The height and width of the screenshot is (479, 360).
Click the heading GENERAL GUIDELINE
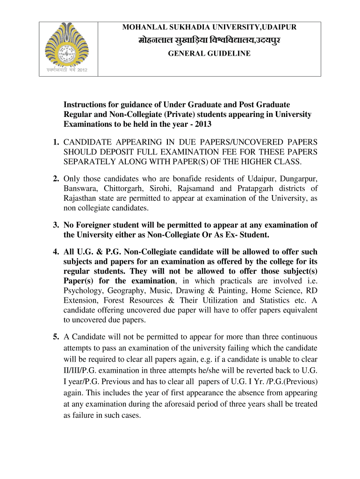(x=209, y=54)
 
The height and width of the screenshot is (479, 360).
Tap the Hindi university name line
(x=209, y=41)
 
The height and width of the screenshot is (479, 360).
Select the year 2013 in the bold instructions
(x=204, y=124)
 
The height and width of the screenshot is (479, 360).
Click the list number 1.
(x=55, y=142)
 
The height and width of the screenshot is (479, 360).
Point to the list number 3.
(x=55, y=225)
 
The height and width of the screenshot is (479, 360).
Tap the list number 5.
(x=55, y=337)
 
